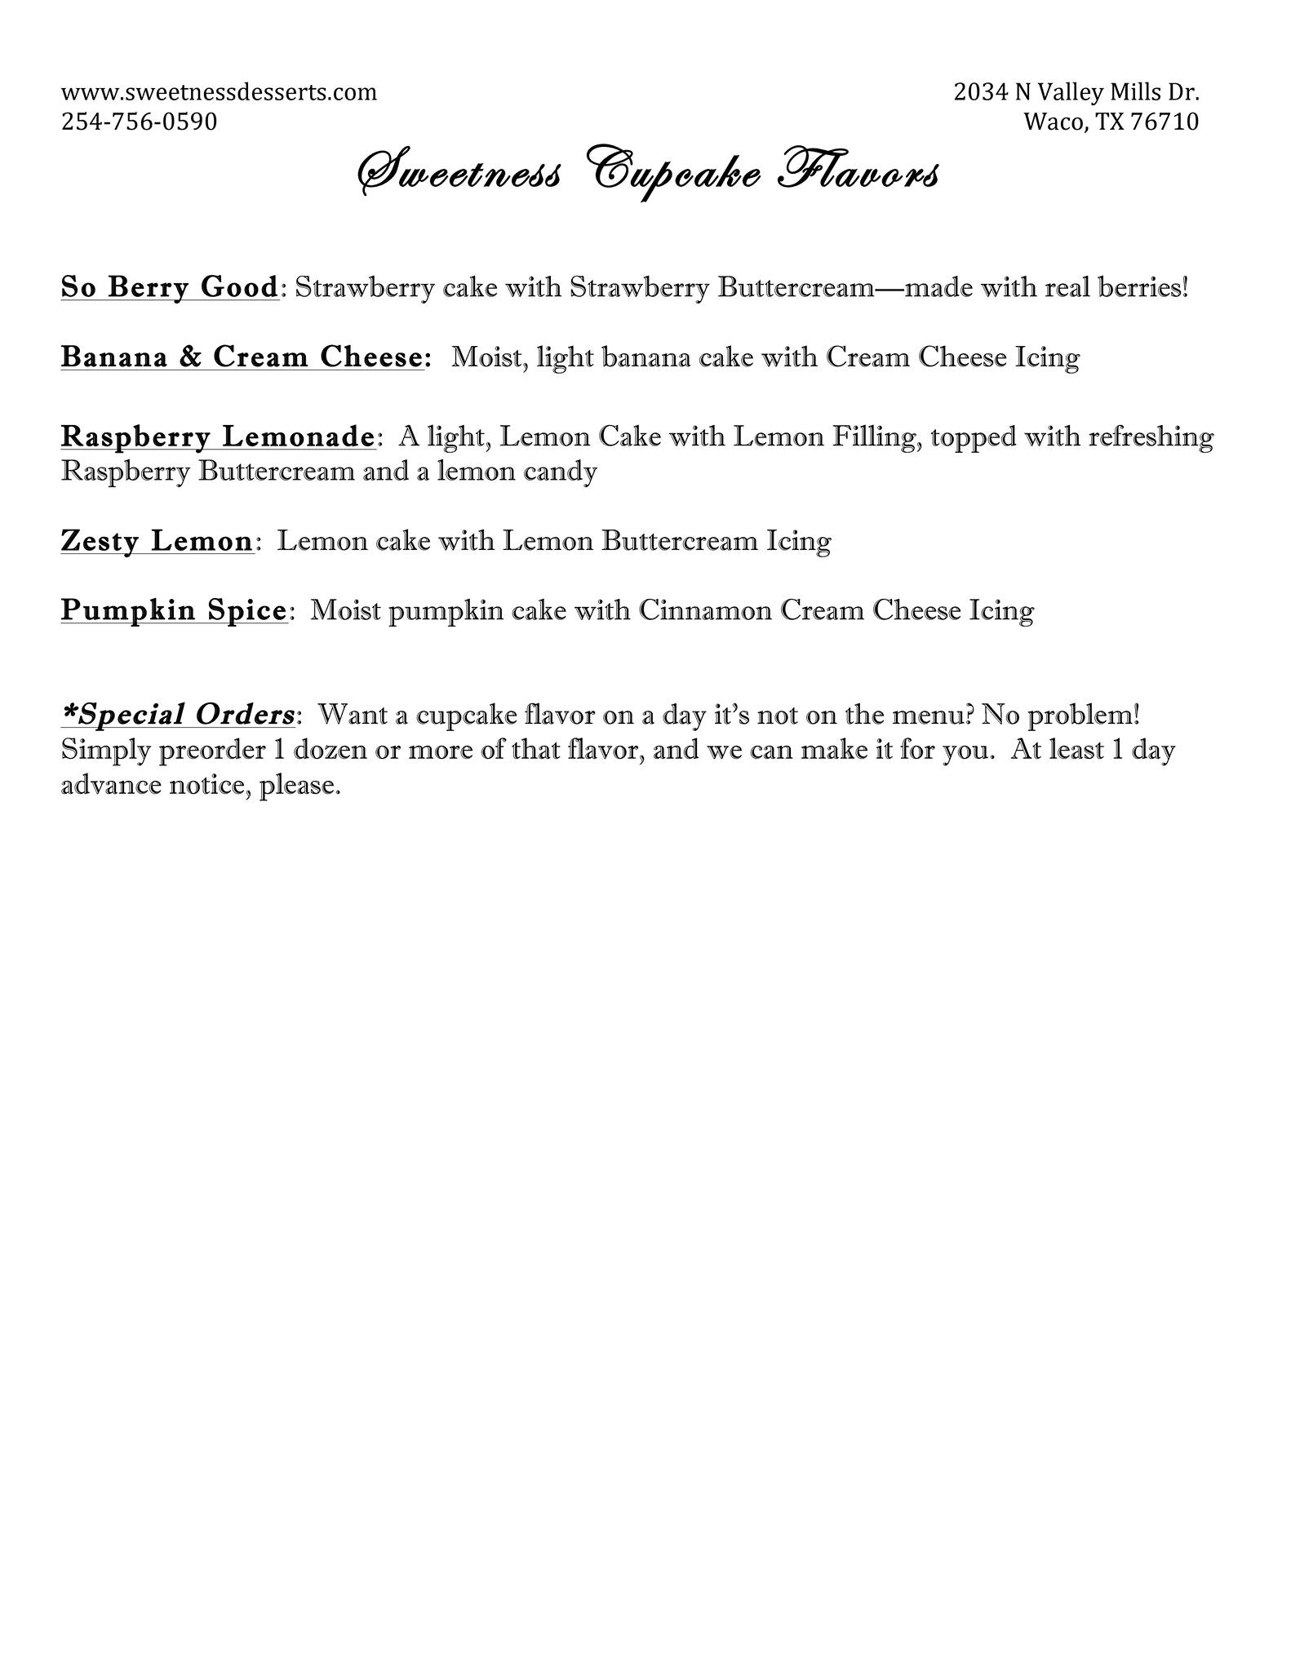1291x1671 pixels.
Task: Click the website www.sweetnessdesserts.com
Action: [219, 92]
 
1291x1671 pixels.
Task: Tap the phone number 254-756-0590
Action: [139, 122]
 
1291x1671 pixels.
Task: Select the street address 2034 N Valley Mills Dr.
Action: [1076, 92]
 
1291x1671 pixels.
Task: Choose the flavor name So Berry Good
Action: [170, 287]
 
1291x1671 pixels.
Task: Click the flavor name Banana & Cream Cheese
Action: [242, 357]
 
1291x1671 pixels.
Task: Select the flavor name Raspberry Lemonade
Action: [217, 437]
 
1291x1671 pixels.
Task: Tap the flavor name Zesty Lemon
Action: [156, 541]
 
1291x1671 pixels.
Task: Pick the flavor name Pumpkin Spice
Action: [173, 610]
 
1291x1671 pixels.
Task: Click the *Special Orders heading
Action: [178, 715]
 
